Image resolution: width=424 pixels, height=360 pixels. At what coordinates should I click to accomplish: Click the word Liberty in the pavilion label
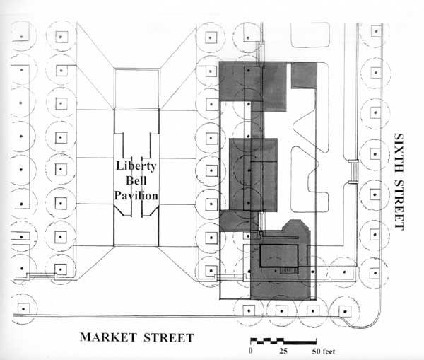(136, 166)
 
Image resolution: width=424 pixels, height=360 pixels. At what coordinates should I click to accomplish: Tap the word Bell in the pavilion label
(136, 180)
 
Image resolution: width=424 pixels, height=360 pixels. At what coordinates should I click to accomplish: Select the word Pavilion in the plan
(136, 195)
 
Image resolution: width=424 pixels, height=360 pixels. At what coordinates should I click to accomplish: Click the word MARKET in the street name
(108, 337)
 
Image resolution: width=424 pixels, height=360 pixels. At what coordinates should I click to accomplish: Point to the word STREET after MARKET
(169, 337)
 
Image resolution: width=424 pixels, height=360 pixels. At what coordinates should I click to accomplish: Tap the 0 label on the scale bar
(251, 351)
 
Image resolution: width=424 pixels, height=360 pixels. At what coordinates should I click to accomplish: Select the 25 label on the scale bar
(283, 351)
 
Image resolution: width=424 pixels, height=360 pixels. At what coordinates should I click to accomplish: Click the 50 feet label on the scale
(324, 352)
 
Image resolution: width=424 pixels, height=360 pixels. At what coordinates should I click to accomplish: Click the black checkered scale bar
(283, 341)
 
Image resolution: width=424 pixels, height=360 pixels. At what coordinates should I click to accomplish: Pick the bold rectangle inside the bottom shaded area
(279, 256)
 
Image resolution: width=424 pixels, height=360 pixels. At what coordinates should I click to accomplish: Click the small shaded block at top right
(304, 75)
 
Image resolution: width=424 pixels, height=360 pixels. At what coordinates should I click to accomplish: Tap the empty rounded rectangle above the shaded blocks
(310, 35)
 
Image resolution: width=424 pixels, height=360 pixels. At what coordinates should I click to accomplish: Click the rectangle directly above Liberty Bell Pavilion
(136, 88)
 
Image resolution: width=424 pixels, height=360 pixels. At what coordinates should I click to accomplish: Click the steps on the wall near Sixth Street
(353, 172)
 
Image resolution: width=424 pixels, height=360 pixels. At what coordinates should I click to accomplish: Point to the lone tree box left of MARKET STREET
(23, 309)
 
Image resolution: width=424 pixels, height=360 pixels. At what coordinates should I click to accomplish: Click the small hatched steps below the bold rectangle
(289, 270)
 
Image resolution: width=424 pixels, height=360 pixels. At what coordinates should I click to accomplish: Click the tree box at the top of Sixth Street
(376, 31)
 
